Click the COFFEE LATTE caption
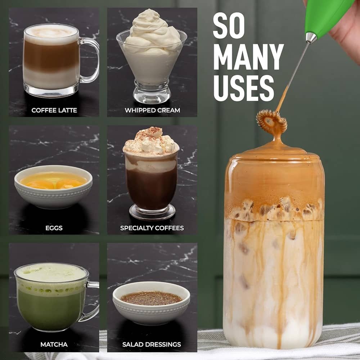click(54, 110)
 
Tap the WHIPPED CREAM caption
click(152, 110)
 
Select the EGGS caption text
click(54, 228)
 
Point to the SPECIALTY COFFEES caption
click(152, 228)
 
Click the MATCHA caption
click(54, 345)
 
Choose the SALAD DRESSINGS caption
click(152, 345)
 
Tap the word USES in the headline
click(243, 87)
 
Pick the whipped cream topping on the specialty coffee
click(151, 142)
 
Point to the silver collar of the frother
click(311, 37)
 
